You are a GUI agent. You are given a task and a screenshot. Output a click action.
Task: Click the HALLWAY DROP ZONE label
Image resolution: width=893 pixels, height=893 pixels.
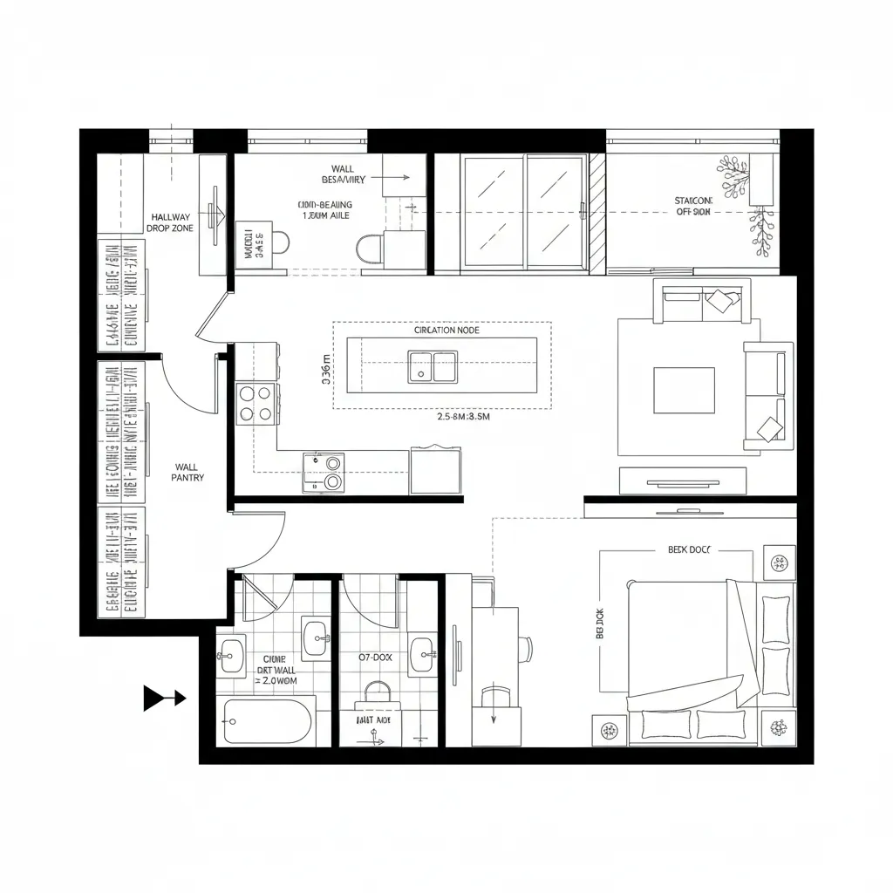click(172, 222)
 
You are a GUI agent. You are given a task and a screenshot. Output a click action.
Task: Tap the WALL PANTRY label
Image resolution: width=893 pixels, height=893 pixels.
click(187, 472)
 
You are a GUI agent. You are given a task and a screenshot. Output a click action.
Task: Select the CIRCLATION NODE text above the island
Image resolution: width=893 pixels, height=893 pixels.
click(446, 331)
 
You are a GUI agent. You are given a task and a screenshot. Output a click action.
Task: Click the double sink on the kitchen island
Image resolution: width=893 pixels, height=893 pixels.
click(433, 366)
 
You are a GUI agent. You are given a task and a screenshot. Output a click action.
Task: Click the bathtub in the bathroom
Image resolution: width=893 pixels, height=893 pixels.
click(268, 719)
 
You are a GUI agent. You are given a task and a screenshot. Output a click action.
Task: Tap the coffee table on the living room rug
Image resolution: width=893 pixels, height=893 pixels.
click(685, 390)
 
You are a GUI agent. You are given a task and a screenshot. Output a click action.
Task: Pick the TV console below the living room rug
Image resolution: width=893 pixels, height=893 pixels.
click(683, 480)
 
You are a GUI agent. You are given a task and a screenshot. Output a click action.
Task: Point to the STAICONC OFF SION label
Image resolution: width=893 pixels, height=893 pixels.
click(693, 206)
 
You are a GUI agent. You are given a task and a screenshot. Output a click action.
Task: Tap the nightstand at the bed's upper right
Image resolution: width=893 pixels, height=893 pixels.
click(778, 562)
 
